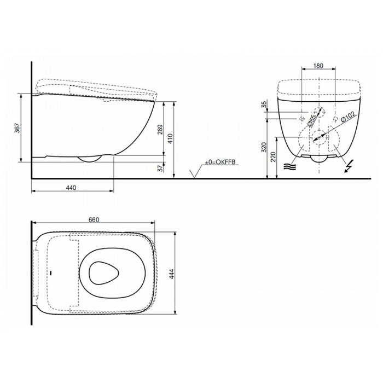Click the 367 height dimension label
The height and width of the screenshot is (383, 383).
click(17, 128)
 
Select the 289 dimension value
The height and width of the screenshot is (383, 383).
click(160, 130)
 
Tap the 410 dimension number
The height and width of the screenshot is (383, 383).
click(170, 138)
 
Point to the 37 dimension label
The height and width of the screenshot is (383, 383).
click(160, 168)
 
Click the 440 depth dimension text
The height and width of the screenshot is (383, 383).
click(71, 188)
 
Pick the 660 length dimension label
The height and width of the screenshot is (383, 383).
click(94, 220)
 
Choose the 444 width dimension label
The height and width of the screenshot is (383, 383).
click(172, 274)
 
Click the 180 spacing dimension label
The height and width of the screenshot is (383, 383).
click(318, 66)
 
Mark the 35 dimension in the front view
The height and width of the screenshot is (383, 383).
click(264, 105)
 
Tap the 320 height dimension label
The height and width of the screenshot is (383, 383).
click(264, 147)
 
